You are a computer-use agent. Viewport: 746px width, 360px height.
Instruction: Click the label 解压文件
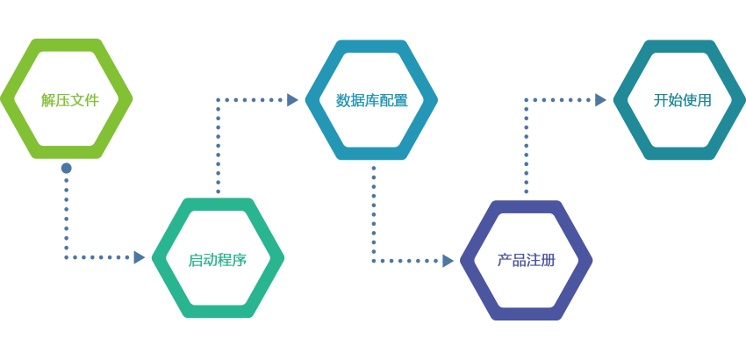(x=70, y=100)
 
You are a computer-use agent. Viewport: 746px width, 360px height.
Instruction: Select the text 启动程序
(x=217, y=260)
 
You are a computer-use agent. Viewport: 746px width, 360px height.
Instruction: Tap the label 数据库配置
(x=371, y=101)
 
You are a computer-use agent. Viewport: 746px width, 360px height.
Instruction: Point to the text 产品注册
(x=526, y=260)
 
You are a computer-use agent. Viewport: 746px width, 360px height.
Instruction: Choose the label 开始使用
(x=682, y=100)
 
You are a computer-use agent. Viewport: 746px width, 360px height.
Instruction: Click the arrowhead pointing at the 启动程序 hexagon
(x=139, y=257)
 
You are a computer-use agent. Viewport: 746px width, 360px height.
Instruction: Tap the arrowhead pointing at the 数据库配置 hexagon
(x=292, y=100)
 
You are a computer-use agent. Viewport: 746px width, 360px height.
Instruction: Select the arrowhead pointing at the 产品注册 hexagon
(x=448, y=261)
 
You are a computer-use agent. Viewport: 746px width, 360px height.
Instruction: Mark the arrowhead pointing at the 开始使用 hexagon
(x=600, y=100)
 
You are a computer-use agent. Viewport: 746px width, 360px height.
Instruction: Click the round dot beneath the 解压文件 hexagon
(x=66, y=168)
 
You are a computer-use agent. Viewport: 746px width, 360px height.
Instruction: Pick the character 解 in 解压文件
(x=48, y=100)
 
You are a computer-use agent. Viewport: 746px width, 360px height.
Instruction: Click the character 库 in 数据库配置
(x=371, y=101)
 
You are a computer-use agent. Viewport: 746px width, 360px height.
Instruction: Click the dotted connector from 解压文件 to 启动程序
(x=66, y=220)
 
